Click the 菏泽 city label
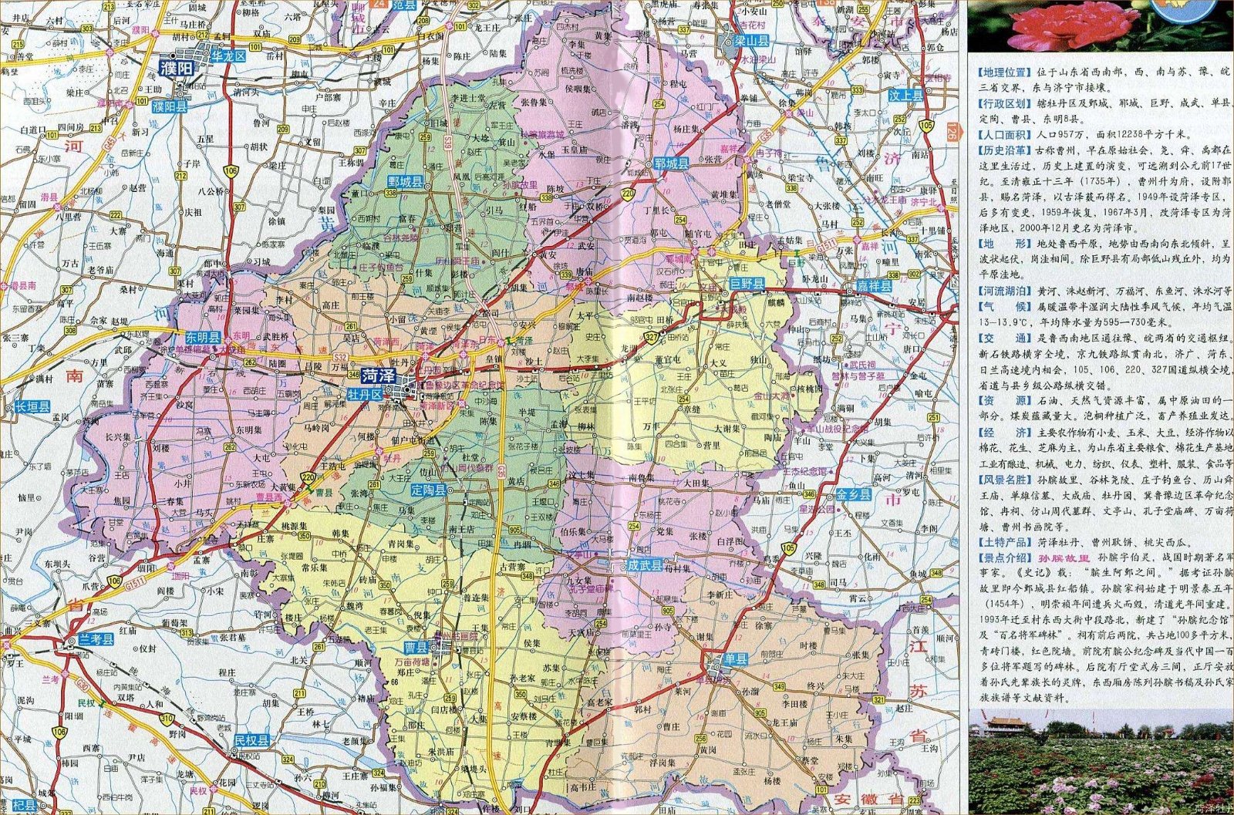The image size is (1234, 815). pos(380,376)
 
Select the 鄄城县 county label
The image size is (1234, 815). pos(406,182)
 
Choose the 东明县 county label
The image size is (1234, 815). pos(203,338)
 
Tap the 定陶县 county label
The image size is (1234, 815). pos(428,490)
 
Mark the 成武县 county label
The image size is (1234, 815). pos(645,565)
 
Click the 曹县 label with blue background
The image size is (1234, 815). pos(417,647)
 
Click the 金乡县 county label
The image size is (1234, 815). pos(854,494)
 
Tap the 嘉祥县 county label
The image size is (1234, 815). pos(873,286)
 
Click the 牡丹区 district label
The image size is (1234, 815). pos(364,394)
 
